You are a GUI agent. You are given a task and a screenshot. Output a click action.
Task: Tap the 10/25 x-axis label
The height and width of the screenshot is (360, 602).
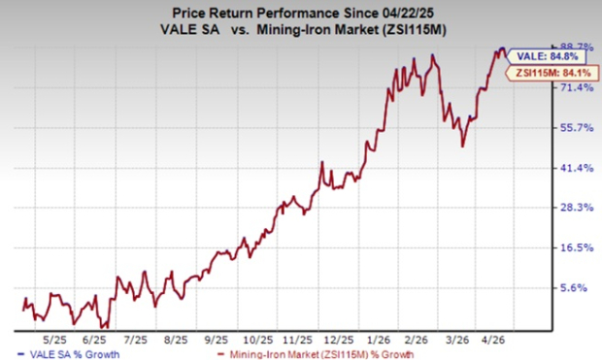[256, 342]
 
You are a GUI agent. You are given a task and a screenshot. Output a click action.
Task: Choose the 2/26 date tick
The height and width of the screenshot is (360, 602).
[416, 342]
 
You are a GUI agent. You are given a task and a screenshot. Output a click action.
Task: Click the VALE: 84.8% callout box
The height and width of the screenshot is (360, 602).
[544, 55]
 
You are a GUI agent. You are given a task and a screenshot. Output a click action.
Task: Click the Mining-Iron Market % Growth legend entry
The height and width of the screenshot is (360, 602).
[250, 354]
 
